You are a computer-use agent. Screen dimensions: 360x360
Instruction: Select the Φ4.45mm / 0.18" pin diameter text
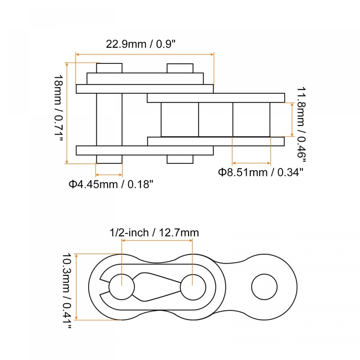click(111, 184)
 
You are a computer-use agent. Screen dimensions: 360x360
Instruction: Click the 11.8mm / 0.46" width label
click(301, 125)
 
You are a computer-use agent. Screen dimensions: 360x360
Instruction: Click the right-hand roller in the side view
click(251, 119)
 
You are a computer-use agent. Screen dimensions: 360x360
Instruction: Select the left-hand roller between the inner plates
click(179, 119)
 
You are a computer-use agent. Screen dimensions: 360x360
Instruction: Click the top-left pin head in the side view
click(109, 68)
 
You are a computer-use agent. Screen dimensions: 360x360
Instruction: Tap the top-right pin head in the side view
click(180, 68)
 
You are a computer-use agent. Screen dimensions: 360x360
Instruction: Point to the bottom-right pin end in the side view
click(180, 159)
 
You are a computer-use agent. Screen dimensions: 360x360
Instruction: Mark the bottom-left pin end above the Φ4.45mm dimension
click(109, 159)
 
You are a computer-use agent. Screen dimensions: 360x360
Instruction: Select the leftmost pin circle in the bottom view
click(121, 286)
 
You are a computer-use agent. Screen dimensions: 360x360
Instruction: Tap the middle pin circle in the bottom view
click(193, 286)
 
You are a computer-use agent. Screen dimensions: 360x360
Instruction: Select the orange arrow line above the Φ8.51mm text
click(251, 163)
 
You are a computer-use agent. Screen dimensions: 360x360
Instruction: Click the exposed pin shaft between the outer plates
click(109, 119)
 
